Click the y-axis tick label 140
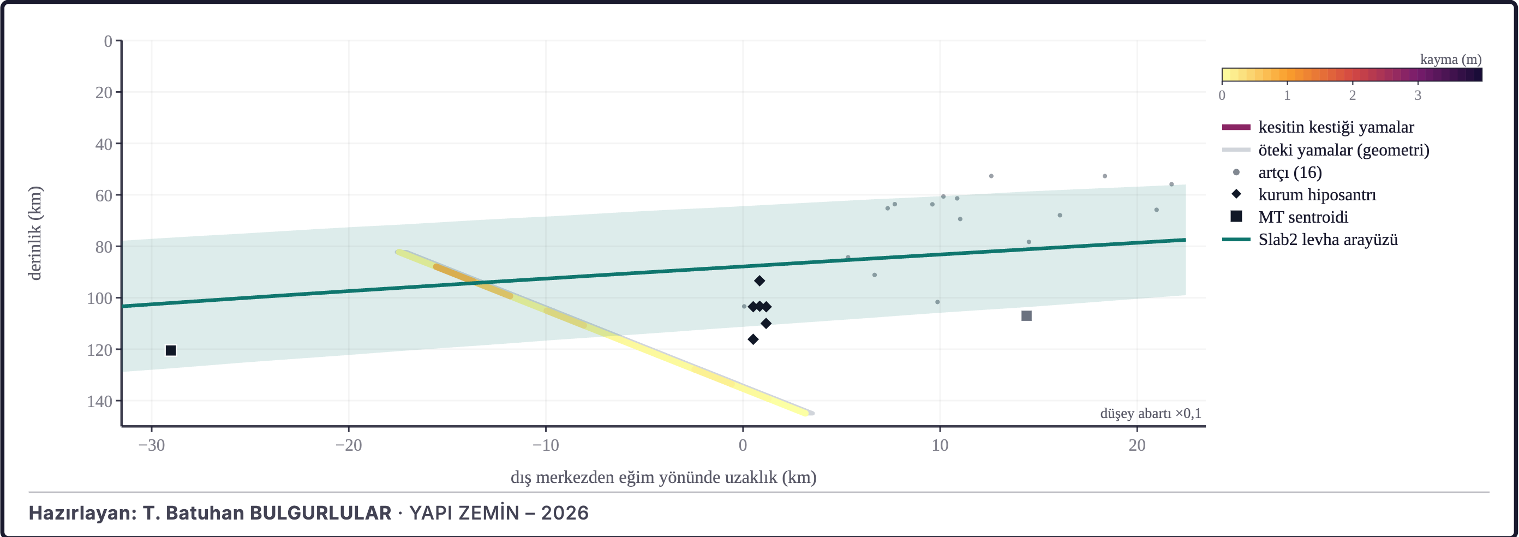[x=100, y=401]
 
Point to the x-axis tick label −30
[x=152, y=445]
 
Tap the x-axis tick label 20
[x=1137, y=445]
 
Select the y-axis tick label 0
[x=108, y=41]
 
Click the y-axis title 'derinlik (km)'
[x=35, y=233]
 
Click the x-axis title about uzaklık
[x=663, y=477]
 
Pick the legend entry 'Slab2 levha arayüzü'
[x=1328, y=240]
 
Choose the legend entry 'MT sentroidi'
[x=1303, y=217]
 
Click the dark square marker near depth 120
[x=171, y=350]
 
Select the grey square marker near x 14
[x=1027, y=316]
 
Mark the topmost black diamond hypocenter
[x=759, y=281]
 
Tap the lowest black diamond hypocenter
[x=753, y=339]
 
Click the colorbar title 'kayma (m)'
[x=1451, y=59]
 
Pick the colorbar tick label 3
[x=1418, y=95]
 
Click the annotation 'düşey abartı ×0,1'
[x=1151, y=413]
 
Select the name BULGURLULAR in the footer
[x=321, y=513]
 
